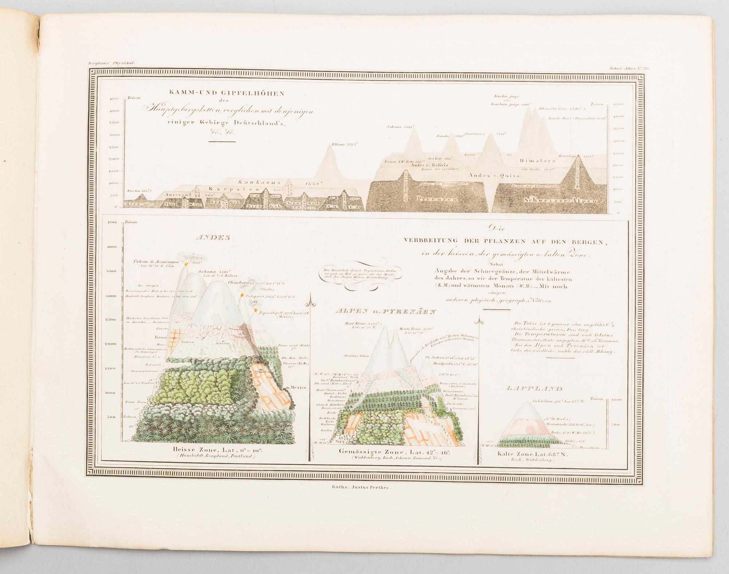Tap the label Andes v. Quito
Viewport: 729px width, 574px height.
coord(494,175)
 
